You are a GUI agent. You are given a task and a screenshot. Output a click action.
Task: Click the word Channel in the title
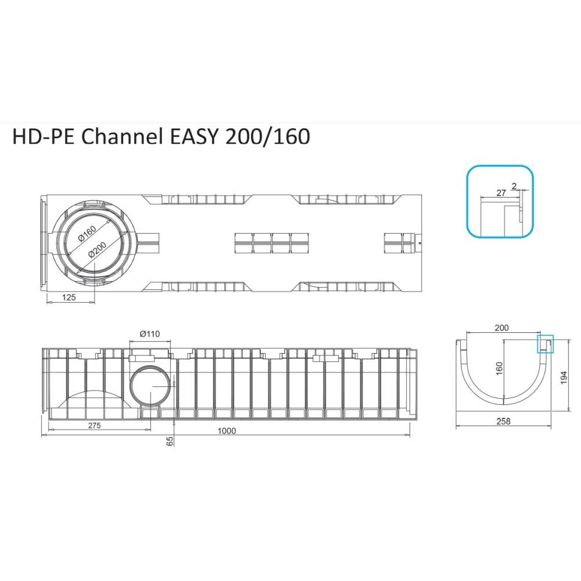[122, 137]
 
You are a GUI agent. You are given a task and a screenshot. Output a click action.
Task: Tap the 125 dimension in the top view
[69, 297]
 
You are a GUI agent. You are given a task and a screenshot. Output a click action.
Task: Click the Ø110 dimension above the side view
[150, 334]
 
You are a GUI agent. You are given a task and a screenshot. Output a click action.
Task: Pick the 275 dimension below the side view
[95, 425]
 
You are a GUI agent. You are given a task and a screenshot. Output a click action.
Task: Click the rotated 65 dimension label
[170, 440]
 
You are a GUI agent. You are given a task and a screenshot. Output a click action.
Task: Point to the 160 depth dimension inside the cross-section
[500, 368]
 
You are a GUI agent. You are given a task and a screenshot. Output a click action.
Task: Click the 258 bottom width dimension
[504, 422]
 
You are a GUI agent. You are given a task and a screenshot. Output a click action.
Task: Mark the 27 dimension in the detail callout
[501, 193]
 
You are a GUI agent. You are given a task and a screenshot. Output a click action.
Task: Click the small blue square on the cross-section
[545, 344]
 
